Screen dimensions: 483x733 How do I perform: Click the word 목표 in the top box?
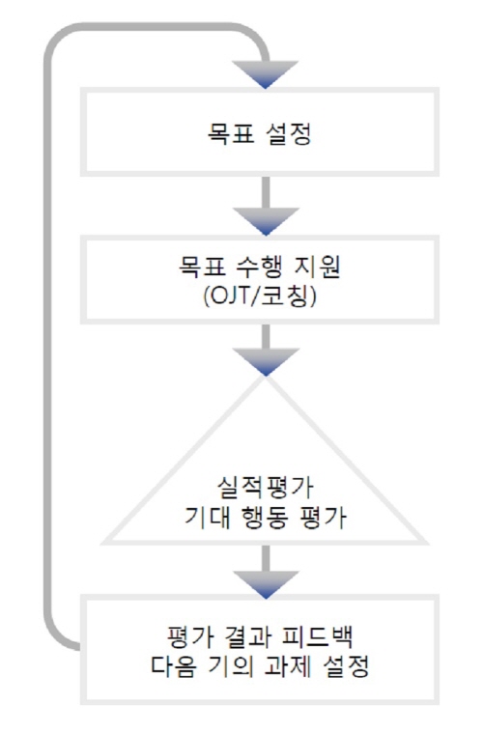pos(231,133)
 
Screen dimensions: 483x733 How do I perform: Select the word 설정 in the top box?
pos(289,133)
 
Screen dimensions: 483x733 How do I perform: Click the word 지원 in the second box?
pos(317,267)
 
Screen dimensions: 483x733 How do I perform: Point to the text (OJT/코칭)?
pos(260,296)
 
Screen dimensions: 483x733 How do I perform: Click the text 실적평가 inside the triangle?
pos(265,488)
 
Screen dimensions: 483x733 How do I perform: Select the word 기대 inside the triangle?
pos(208,518)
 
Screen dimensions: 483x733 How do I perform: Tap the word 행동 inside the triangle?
pos(264,518)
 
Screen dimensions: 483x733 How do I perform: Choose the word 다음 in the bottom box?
pos(174,665)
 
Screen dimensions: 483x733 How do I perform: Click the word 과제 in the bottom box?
pos(288,665)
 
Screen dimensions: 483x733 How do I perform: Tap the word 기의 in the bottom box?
pos(231,665)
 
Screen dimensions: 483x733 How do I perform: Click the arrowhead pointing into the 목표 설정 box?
pos(265,74)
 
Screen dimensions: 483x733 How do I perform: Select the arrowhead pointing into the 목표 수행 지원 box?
pos(266,221)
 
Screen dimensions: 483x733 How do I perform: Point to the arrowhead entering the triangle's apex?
pos(266,362)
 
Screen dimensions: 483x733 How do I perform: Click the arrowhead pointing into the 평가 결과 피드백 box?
pos(266,585)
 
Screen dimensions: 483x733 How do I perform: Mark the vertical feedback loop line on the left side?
pos(47,337)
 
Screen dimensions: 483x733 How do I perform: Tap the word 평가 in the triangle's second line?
pos(323,518)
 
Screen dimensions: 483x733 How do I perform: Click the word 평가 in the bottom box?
pos(190,636)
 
